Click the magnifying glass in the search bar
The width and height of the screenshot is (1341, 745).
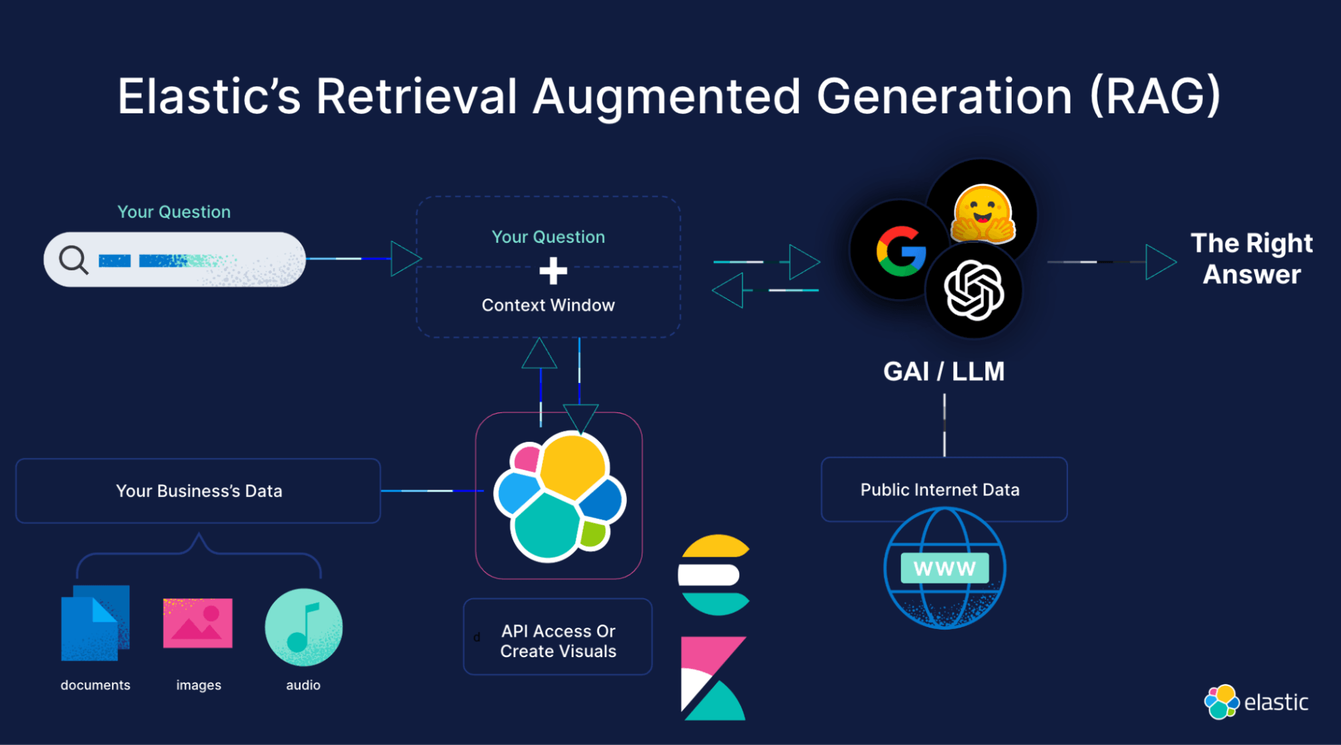coord(73,260)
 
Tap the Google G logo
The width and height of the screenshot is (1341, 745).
coord(901,251)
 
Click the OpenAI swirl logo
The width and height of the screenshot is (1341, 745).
coord(974,290)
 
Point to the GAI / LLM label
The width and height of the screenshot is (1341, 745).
coord(944,371)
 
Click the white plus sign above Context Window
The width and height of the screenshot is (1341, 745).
coord(553,272)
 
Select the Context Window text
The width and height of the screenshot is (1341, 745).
coord(548,305)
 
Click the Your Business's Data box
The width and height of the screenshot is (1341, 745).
coord(199,491)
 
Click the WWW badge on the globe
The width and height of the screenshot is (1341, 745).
coord(944,569)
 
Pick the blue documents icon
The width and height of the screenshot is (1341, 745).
coord(95,623)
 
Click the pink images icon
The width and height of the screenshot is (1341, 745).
coord(198,623)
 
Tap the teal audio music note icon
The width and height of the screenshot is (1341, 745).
coord(303,627)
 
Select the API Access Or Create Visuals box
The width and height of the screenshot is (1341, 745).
coord(557,640)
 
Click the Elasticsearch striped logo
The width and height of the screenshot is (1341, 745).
coord(714,575)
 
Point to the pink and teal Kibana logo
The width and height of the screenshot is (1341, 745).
coord(713,677)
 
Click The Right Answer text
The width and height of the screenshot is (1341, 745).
coord(1251,259)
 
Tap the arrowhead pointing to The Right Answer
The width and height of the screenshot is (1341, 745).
coord(1160,262)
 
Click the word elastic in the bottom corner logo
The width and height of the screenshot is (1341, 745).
coord(1276,702)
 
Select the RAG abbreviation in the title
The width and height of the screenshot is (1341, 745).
coord(1155,96)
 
